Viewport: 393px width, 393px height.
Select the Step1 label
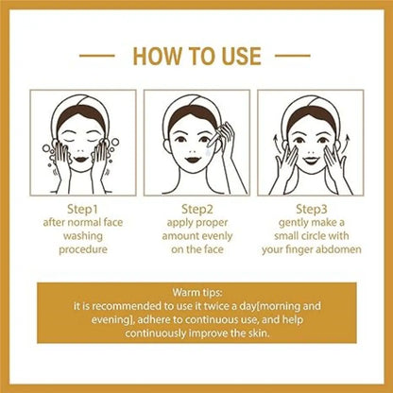coord(82,209)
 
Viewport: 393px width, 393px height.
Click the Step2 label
coord(197,209)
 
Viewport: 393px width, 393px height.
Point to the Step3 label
coord(312,209)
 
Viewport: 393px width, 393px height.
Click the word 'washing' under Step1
coord(83,236)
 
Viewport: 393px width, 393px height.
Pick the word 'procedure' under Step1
coord(83,249)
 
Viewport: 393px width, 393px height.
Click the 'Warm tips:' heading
coord(197,293)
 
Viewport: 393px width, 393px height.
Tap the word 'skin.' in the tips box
coord(258,333)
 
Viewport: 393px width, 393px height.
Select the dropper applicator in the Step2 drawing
coord(216,134)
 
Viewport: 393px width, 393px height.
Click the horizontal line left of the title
coord(97,56)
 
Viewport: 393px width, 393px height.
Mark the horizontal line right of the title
coord(293,56)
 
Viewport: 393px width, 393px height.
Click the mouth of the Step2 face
coord(193,159)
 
